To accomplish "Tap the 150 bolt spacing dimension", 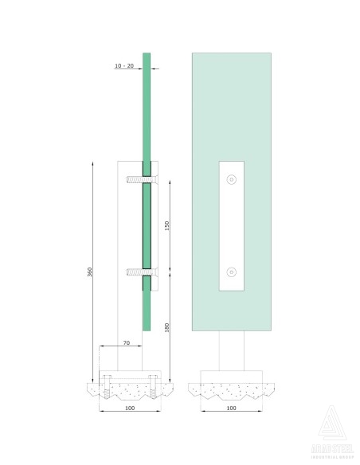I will [x=166, y=227].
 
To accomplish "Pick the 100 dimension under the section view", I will [x=131, y=408].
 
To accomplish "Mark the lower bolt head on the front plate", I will [x=231, y=272].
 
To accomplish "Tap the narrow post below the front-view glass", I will [x=231, y=350].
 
